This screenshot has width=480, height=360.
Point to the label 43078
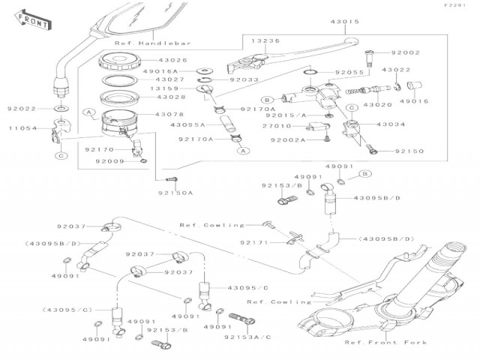point(170,114)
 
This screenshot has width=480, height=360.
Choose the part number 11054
point(22,128)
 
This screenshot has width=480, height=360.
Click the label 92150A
point(175,193)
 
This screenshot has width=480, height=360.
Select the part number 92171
point(254,242)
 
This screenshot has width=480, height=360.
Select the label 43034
point(391,124)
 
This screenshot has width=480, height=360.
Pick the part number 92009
point(100,160)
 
